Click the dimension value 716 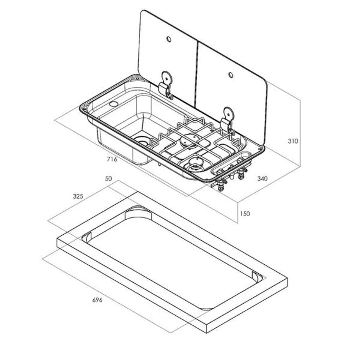point(112,159)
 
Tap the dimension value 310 point(293,141)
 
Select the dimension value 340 point(262,179)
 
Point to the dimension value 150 point(245,214)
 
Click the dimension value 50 point(108,179)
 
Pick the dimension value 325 point(78,196)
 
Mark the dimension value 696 point(97,300)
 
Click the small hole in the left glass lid point(169,39)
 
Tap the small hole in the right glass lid point(231,75)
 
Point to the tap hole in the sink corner point(114,104)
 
